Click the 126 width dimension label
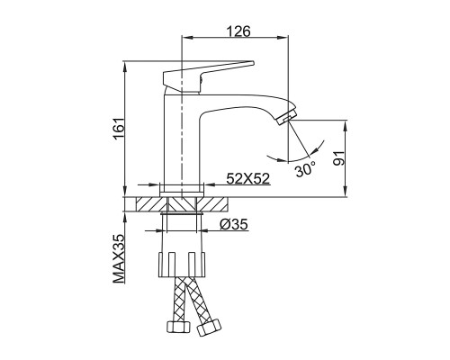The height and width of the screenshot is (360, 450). [238, 31]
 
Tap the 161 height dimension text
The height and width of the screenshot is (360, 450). [119, 129]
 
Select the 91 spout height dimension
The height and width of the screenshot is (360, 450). [339, 157]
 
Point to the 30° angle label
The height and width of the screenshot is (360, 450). [305, 169]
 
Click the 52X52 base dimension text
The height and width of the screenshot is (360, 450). [248, 179]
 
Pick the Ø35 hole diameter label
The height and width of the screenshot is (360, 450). [234, 224]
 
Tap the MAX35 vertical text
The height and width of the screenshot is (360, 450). [119, 258]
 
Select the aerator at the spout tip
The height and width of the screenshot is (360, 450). [287, 117]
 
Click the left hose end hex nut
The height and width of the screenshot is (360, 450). [178, 326]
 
